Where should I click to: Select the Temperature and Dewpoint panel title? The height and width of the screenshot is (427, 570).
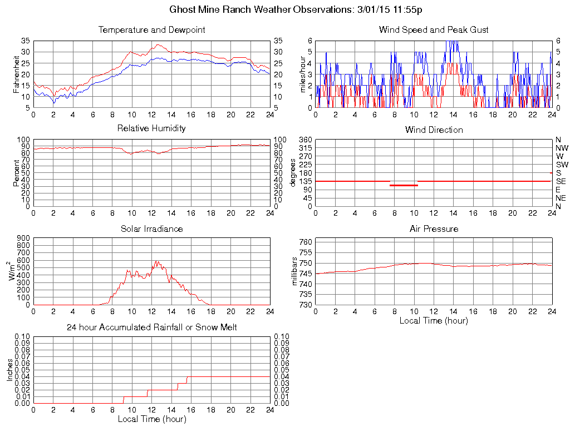[151, 30]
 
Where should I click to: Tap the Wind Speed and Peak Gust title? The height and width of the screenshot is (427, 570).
[434, 30]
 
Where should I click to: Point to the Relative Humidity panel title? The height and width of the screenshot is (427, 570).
[151, 128]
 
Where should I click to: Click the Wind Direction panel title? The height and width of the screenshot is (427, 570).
[434, 130]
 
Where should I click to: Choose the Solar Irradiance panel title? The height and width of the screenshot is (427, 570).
[151, 229]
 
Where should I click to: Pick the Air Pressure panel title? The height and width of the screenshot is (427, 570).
[434, 229]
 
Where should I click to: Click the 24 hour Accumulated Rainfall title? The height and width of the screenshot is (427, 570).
[151, 327]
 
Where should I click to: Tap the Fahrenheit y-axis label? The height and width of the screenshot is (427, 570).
[16, 73]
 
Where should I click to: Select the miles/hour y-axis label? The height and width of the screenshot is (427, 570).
[303, 74]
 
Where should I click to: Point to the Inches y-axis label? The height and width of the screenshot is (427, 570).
[9, 370]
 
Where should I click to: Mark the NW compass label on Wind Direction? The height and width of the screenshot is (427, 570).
[561, 148]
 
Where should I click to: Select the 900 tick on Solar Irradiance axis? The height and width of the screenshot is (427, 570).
[23, 238]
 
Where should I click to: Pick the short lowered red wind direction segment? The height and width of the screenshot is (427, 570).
[404, 185]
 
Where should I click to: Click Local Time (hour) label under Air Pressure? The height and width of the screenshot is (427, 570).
[434, 320]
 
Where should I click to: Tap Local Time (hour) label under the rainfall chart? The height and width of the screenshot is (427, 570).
[151, 419]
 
